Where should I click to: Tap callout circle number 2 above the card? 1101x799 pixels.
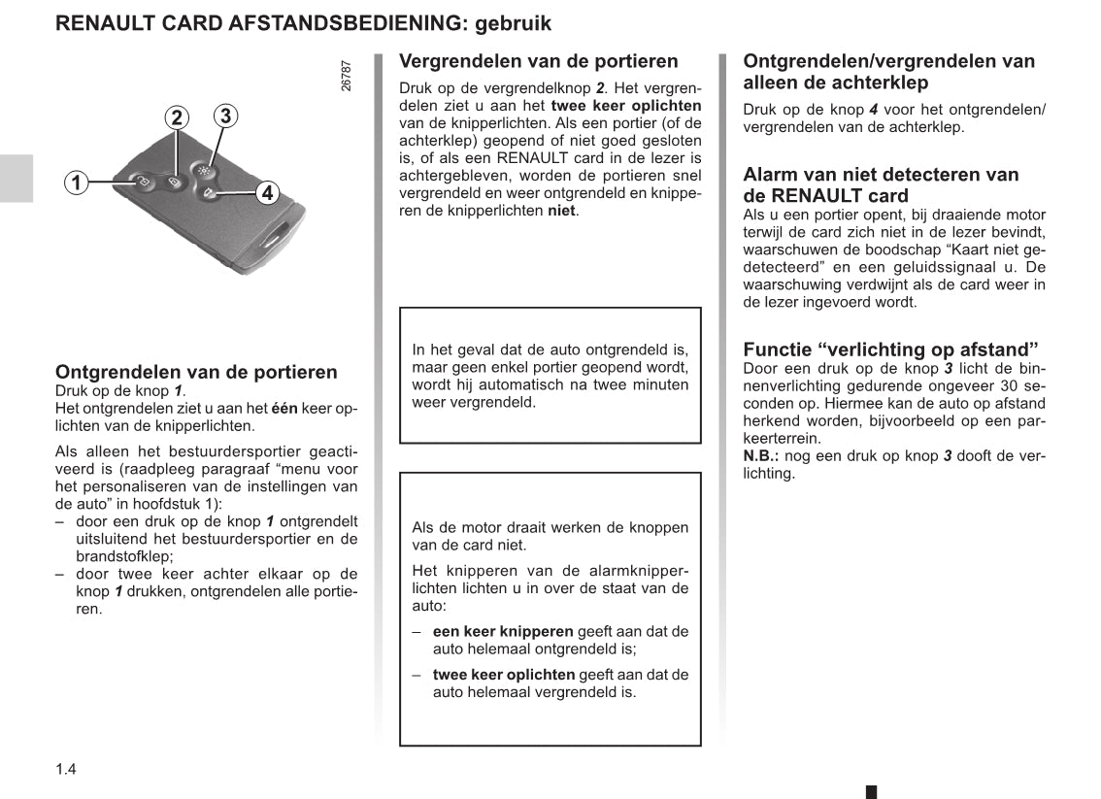click(176, 118)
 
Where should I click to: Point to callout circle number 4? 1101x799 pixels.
click(268, 192)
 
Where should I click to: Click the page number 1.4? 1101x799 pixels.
click(66, 770)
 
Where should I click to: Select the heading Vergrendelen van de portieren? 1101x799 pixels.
click(539, 61)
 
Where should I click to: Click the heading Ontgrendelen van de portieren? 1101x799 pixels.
click(196, 372)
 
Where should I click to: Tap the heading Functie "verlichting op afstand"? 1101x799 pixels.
click(890, 350)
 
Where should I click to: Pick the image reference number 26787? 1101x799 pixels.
click(347, 76)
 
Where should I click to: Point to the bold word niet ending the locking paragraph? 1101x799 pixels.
click(561, 210)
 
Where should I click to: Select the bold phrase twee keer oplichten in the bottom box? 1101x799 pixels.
click(503, 675)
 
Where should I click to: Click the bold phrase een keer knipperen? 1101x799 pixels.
click(503, 632)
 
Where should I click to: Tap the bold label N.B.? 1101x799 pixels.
click(762, 456)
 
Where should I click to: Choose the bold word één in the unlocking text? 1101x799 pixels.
click(284, 409)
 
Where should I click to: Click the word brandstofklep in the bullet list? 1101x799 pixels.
click(123, 556)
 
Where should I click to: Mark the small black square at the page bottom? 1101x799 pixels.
click(871, 792)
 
